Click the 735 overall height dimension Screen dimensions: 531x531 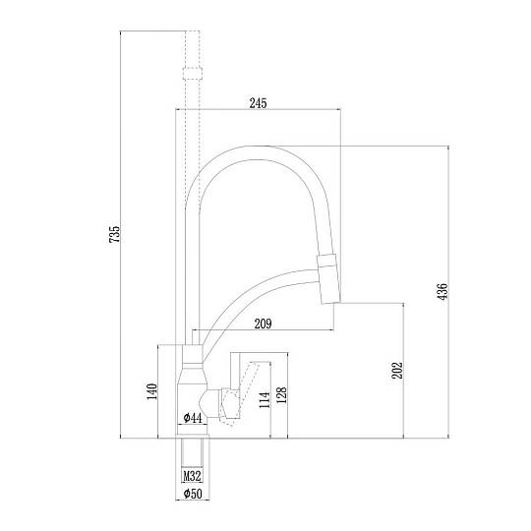coord(115,234)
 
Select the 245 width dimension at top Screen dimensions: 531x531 coord(258,103)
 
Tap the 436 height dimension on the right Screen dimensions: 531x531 coord(442,291)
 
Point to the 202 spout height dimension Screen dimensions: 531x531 coord(397,370)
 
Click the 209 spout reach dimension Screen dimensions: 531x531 coord(264,324)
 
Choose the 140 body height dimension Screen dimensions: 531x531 coord(152,391)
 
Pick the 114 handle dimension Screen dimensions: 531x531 coord(265,399)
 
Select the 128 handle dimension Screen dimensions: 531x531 coord(281,395)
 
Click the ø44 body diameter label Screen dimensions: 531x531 coord(193,418)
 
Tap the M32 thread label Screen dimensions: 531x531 coord(192,476)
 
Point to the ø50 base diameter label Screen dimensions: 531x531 coord(193,494)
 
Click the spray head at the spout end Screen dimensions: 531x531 coord(328,278)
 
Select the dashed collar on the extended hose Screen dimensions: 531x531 coord(193,74)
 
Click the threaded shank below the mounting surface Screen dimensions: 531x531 coord(192,452)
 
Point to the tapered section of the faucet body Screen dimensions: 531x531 coord(192,377)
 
